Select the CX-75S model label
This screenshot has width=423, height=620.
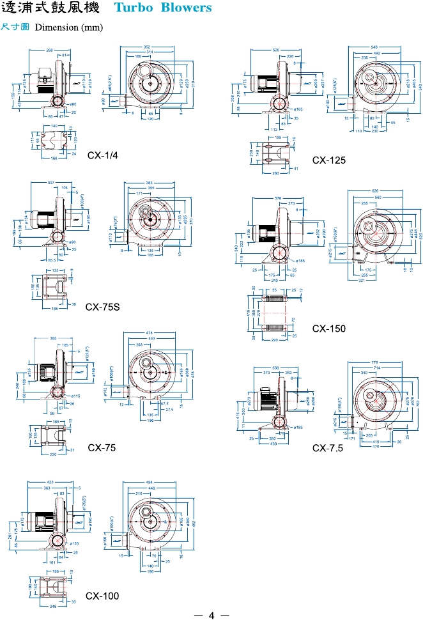[103, 307]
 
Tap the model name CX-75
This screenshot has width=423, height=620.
[102, 448]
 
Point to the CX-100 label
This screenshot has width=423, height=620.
[102, 596]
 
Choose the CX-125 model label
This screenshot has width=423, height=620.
[329, 160]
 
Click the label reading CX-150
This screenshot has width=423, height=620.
[329, 329]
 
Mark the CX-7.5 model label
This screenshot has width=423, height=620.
[328, 448]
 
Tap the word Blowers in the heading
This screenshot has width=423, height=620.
[185, 8]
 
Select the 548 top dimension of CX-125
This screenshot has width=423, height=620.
[374, 48]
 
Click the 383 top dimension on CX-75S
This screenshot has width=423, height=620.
[150, 183]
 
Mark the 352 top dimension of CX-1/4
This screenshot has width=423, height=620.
[147, 47]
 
